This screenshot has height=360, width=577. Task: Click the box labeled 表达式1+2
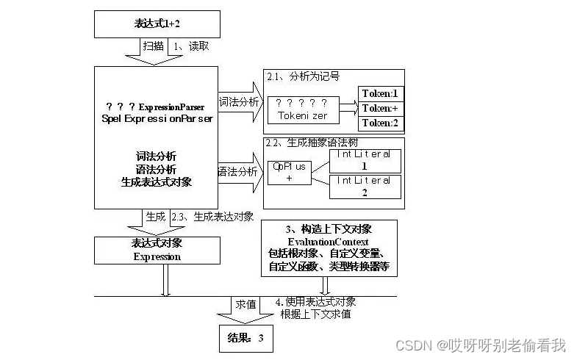coord(157,24)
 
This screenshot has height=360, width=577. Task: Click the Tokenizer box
coord(303,109)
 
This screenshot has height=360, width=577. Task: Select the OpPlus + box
coord(289,172)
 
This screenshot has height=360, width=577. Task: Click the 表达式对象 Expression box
coord(157,250)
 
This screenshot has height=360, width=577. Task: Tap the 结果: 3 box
coord(245,339)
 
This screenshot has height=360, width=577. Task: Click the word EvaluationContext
coord(329,242)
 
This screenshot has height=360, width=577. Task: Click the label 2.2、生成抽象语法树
coord(312,143)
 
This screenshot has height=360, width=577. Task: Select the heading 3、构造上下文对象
coord(329,229)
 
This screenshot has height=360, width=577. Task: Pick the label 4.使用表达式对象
coord(315,302)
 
